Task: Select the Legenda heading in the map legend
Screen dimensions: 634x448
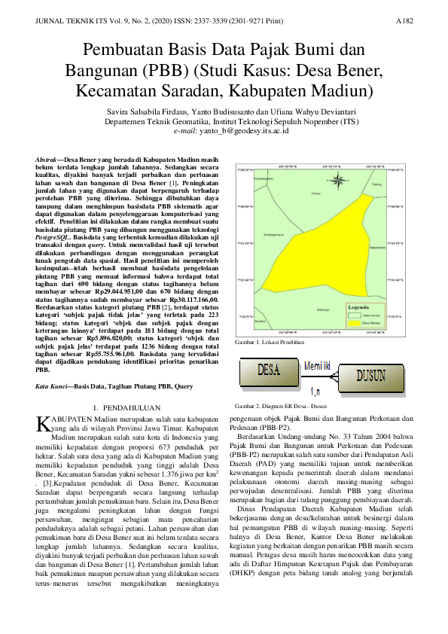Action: (360, 308)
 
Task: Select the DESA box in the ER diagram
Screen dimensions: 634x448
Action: (269, 371)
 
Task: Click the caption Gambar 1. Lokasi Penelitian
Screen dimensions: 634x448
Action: (270, 342)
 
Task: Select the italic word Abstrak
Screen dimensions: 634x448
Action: (47, 161)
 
